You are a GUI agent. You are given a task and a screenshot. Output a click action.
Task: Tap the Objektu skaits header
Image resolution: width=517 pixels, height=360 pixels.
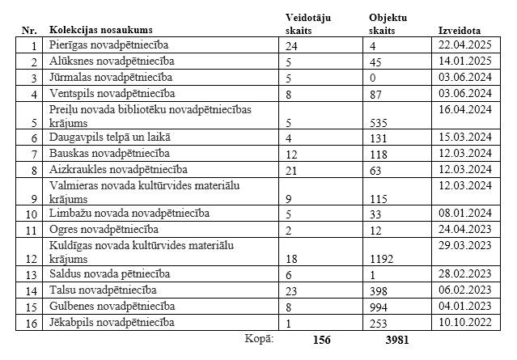tap(388, 23)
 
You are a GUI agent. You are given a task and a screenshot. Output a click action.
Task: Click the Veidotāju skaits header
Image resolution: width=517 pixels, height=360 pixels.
tap(309, 23)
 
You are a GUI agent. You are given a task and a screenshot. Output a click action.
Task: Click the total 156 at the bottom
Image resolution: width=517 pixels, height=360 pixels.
tap(322, 341)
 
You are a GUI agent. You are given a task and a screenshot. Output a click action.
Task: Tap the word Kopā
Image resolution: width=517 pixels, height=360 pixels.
tap(259, 339)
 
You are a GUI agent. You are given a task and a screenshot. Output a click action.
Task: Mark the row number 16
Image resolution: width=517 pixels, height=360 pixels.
tap(31, 324)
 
